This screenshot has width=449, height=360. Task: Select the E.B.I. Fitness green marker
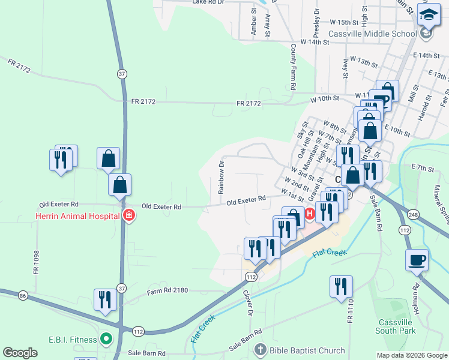[107, 340]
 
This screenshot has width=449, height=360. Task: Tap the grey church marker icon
[260, 350]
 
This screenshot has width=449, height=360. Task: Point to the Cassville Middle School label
[373, 34]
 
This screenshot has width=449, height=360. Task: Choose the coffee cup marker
[417, 260]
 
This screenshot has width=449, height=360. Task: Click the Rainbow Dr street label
[221, 176]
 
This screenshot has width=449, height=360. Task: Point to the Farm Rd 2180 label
[168, 290]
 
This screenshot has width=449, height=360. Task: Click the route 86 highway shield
[23, 296]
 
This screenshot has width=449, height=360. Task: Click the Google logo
[20, 353]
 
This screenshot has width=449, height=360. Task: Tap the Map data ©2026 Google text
[411, 355]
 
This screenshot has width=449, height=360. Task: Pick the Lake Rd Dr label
[208, 2]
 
